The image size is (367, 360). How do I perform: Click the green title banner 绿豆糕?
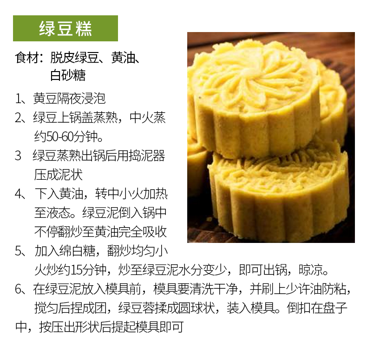coord(66,28)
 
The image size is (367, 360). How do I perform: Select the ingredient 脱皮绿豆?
coord(74,57)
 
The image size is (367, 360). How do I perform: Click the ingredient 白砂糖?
coord(68,75)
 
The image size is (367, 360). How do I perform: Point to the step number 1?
coord(18,98)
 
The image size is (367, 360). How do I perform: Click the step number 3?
coord(18,156)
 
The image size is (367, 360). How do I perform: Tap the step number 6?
coord(18,289)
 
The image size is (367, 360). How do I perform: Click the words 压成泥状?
coord(59,175)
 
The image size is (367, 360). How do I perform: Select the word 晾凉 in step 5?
coord(310,270)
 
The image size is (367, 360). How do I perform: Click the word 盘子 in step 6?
coord(334,308)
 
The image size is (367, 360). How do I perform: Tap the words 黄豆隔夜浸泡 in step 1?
coord(69,98)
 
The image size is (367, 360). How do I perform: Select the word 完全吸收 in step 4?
coord(143,232)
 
